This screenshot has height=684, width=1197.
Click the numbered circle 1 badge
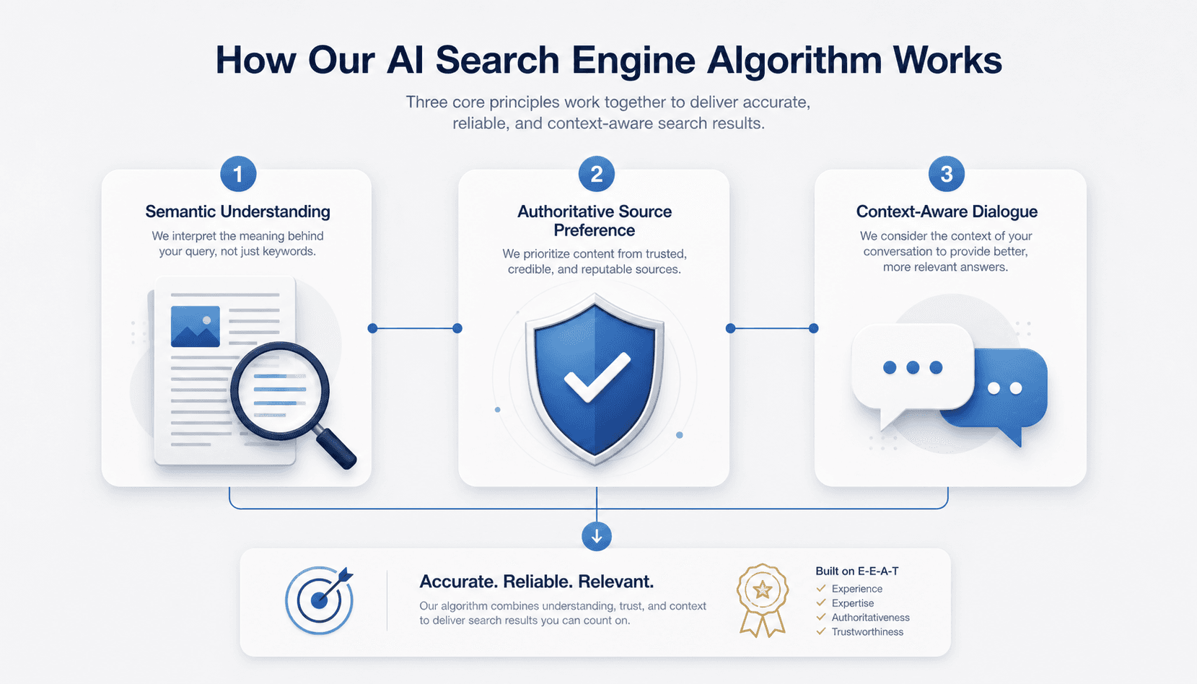238,174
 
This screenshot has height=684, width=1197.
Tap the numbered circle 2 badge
597,174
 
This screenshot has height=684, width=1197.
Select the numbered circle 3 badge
947,174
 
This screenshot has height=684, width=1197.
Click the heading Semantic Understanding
238,211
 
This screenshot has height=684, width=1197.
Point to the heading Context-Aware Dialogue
947,211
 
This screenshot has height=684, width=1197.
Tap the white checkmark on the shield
597,377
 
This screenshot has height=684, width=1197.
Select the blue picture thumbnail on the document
195,327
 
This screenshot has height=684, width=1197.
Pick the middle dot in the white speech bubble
913,367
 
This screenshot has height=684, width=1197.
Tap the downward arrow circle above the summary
597,536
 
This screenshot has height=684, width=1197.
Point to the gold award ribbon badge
763,600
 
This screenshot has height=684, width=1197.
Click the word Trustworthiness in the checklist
867,631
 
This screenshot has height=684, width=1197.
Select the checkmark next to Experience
821,588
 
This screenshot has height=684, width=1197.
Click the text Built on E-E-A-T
856,571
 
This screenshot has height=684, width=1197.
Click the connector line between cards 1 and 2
415,328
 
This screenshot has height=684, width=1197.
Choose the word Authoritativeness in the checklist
870,617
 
